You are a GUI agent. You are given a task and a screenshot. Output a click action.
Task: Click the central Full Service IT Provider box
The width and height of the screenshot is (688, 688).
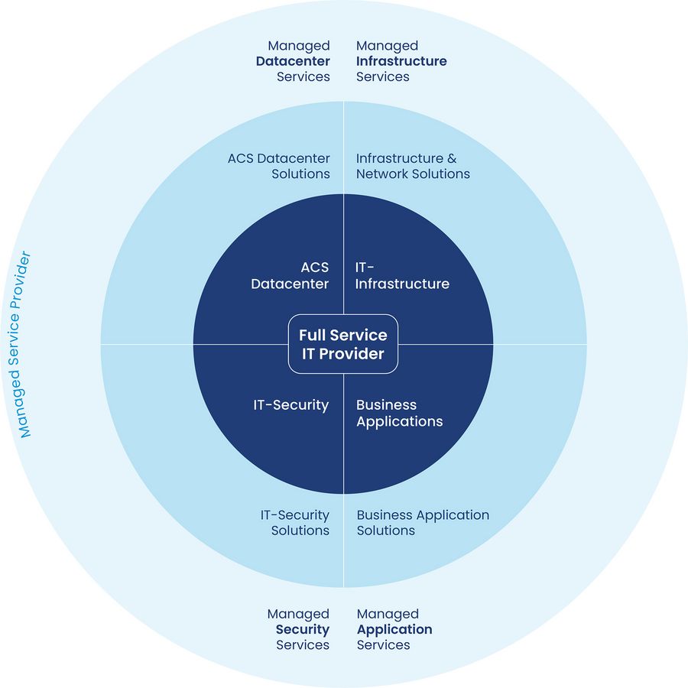pyautogui.click(x=343, y=344)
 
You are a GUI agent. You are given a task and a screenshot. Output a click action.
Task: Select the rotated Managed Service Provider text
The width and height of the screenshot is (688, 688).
pyautogui.click(x=24, y=344)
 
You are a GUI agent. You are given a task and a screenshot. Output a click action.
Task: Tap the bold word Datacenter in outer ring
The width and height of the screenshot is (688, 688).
pyautogui.click(x=293, y=61)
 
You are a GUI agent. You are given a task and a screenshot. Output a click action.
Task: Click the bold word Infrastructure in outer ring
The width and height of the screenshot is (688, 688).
pyautogui.click(x=401, y=61)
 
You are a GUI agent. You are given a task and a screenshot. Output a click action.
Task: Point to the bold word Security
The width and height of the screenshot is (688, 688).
pyautogui.click(x=302, y=629)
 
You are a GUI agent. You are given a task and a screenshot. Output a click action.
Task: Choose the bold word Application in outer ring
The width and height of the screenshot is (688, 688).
pyautogui.click(x=394, y=629)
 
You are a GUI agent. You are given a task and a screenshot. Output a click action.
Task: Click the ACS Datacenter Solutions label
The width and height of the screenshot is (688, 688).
pyautogui.click(x=279, y=166)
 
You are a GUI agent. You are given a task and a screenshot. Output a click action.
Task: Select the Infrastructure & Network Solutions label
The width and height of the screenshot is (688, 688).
pyautogui.click(x=413, y=166)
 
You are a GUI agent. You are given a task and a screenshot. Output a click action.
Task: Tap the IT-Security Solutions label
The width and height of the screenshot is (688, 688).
pyautogui.click(x=294, y=523)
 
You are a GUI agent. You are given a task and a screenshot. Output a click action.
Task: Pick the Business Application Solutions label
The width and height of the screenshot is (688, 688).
pyautogui.click(x=423, y=523)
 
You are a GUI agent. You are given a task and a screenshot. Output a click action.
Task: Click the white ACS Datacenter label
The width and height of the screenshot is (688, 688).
pyautogui.click(x=290, y=276)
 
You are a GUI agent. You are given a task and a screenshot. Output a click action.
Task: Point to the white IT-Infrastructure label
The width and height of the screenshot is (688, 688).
pyautogui.click(x=402, y=276)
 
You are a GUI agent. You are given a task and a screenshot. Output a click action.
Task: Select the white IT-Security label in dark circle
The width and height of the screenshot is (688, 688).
pyautogui.click(x=291, y=405)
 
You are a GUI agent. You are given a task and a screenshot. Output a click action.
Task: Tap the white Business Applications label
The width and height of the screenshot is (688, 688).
pyautogui.click(x=399, y=413)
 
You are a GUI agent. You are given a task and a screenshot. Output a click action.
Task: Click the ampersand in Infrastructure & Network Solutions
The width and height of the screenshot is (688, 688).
pyautogui.click(x=451, y=159)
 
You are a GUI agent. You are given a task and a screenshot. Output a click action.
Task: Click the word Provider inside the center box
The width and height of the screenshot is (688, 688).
pyautogui.click(x=352, y=354)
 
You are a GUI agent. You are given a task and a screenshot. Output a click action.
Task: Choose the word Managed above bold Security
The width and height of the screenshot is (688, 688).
pyautogui.click(x=298, y=614)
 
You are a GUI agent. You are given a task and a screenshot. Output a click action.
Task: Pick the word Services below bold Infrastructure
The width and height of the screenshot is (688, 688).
pyautogui.click(x=383, y=76)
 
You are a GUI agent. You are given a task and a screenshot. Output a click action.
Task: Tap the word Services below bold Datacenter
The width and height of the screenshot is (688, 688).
pyautogui.click(x=303, y=76)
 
